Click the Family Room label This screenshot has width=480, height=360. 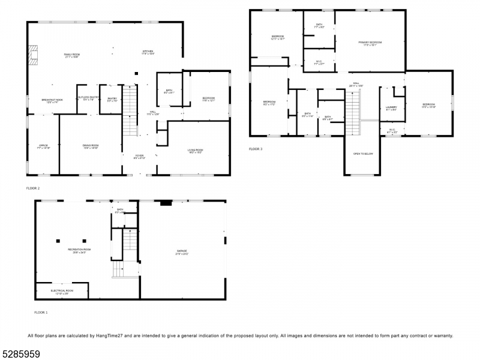tap(72, 55)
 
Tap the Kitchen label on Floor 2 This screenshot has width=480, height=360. tap(148, 52)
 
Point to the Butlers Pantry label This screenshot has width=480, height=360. tap(88, 98)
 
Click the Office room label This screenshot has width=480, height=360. tap(43, 146)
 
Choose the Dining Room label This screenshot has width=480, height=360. tap(91, 146)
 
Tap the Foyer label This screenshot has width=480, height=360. tap(139, 157)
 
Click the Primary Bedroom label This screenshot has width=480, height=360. tap(370, 43)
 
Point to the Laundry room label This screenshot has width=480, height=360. tap(391, 108)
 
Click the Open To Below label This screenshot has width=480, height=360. tap(363, 154)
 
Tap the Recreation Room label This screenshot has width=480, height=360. tap(79, 250)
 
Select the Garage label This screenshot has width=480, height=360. tap(182, 251)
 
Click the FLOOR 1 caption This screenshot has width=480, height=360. tap(41, 313)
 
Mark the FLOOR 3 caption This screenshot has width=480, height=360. tap(256, 149)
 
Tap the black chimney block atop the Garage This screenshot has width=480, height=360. tap(166, 203)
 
